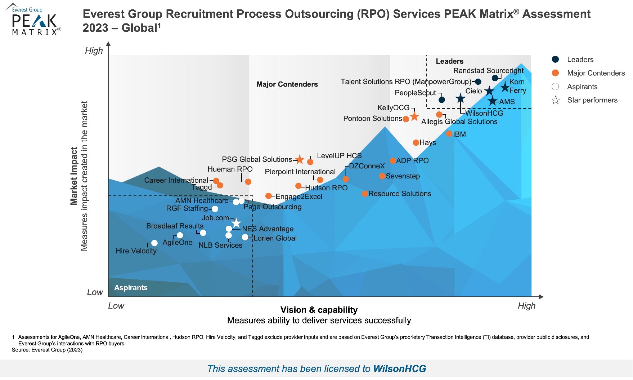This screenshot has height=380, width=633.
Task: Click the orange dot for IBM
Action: [x=449, y=134]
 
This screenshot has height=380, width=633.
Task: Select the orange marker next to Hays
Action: [x=416, y=142]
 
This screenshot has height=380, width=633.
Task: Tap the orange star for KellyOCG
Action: [x=414, y=116]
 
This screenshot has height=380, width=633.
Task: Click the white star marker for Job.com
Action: [x=236, y=223]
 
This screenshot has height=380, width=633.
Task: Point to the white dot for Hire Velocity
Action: [x=154, y=243]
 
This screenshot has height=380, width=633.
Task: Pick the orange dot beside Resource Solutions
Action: [x=365, y=194]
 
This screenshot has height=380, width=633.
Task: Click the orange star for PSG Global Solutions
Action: [x=299, y=159]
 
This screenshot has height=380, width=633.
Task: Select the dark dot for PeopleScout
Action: [x=442, y=100]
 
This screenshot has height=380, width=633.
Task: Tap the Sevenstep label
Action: [x=403, y=176]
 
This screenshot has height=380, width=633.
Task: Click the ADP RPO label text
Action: [x=412, y=160]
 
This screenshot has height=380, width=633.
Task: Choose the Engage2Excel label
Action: [x=299, y=196]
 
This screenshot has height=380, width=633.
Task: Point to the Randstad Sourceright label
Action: [x=488, y=71]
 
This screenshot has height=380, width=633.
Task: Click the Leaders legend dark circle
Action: [x=556, y=59]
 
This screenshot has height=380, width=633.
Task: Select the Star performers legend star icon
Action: [x=556, y=100]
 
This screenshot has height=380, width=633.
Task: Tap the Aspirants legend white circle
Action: [x=556, y=87]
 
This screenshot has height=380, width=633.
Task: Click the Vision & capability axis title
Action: [x=319, y=310]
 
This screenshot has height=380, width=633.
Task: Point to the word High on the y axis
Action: [x=94, y=50]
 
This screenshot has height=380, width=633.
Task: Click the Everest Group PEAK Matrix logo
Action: [x=34, y=21]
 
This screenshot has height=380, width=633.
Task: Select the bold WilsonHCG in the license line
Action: [x=400, y=368]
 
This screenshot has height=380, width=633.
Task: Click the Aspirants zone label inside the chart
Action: [x=131, y=288]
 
